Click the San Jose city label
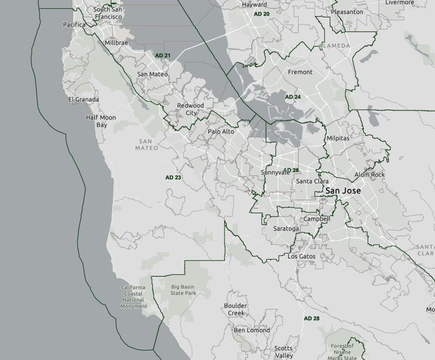[x=343, y=191]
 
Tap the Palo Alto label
[x=221, y=132]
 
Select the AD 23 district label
[x=173, y=177]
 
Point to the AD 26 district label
[x=292, y=170]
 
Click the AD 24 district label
[x=293, y=97]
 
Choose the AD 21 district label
[x=163, y=56]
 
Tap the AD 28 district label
[x=311, y=318]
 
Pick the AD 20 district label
[x=262, y=14]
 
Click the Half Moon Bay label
[x=101, y=121]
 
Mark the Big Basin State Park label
[x=184, y=290]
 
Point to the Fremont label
[x=300, y=72]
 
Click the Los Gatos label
[x=302, y=256]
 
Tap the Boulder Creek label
[x=235, y=309]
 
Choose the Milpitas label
[x=338, y=138]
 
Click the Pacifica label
[x=74, y=25]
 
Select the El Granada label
[x=84, y=99]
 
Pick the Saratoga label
[x=286, y=228]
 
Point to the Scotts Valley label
[x=283, y=352]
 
